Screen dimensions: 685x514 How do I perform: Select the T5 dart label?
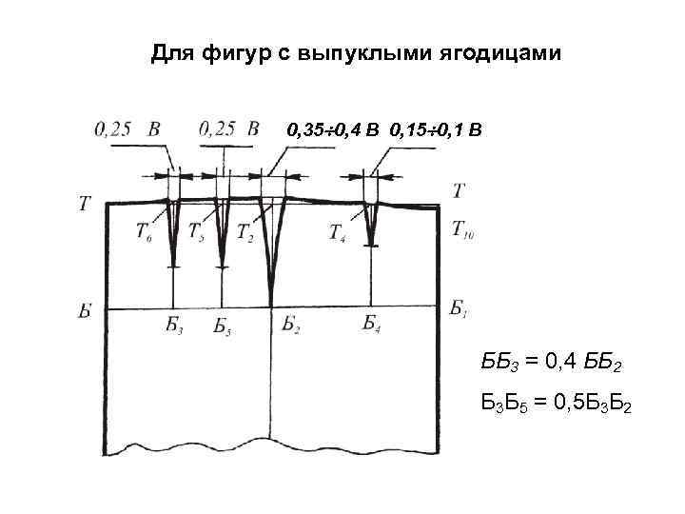[x=197, y=231]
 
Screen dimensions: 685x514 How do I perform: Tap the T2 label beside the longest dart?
[x=245, y=231]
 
